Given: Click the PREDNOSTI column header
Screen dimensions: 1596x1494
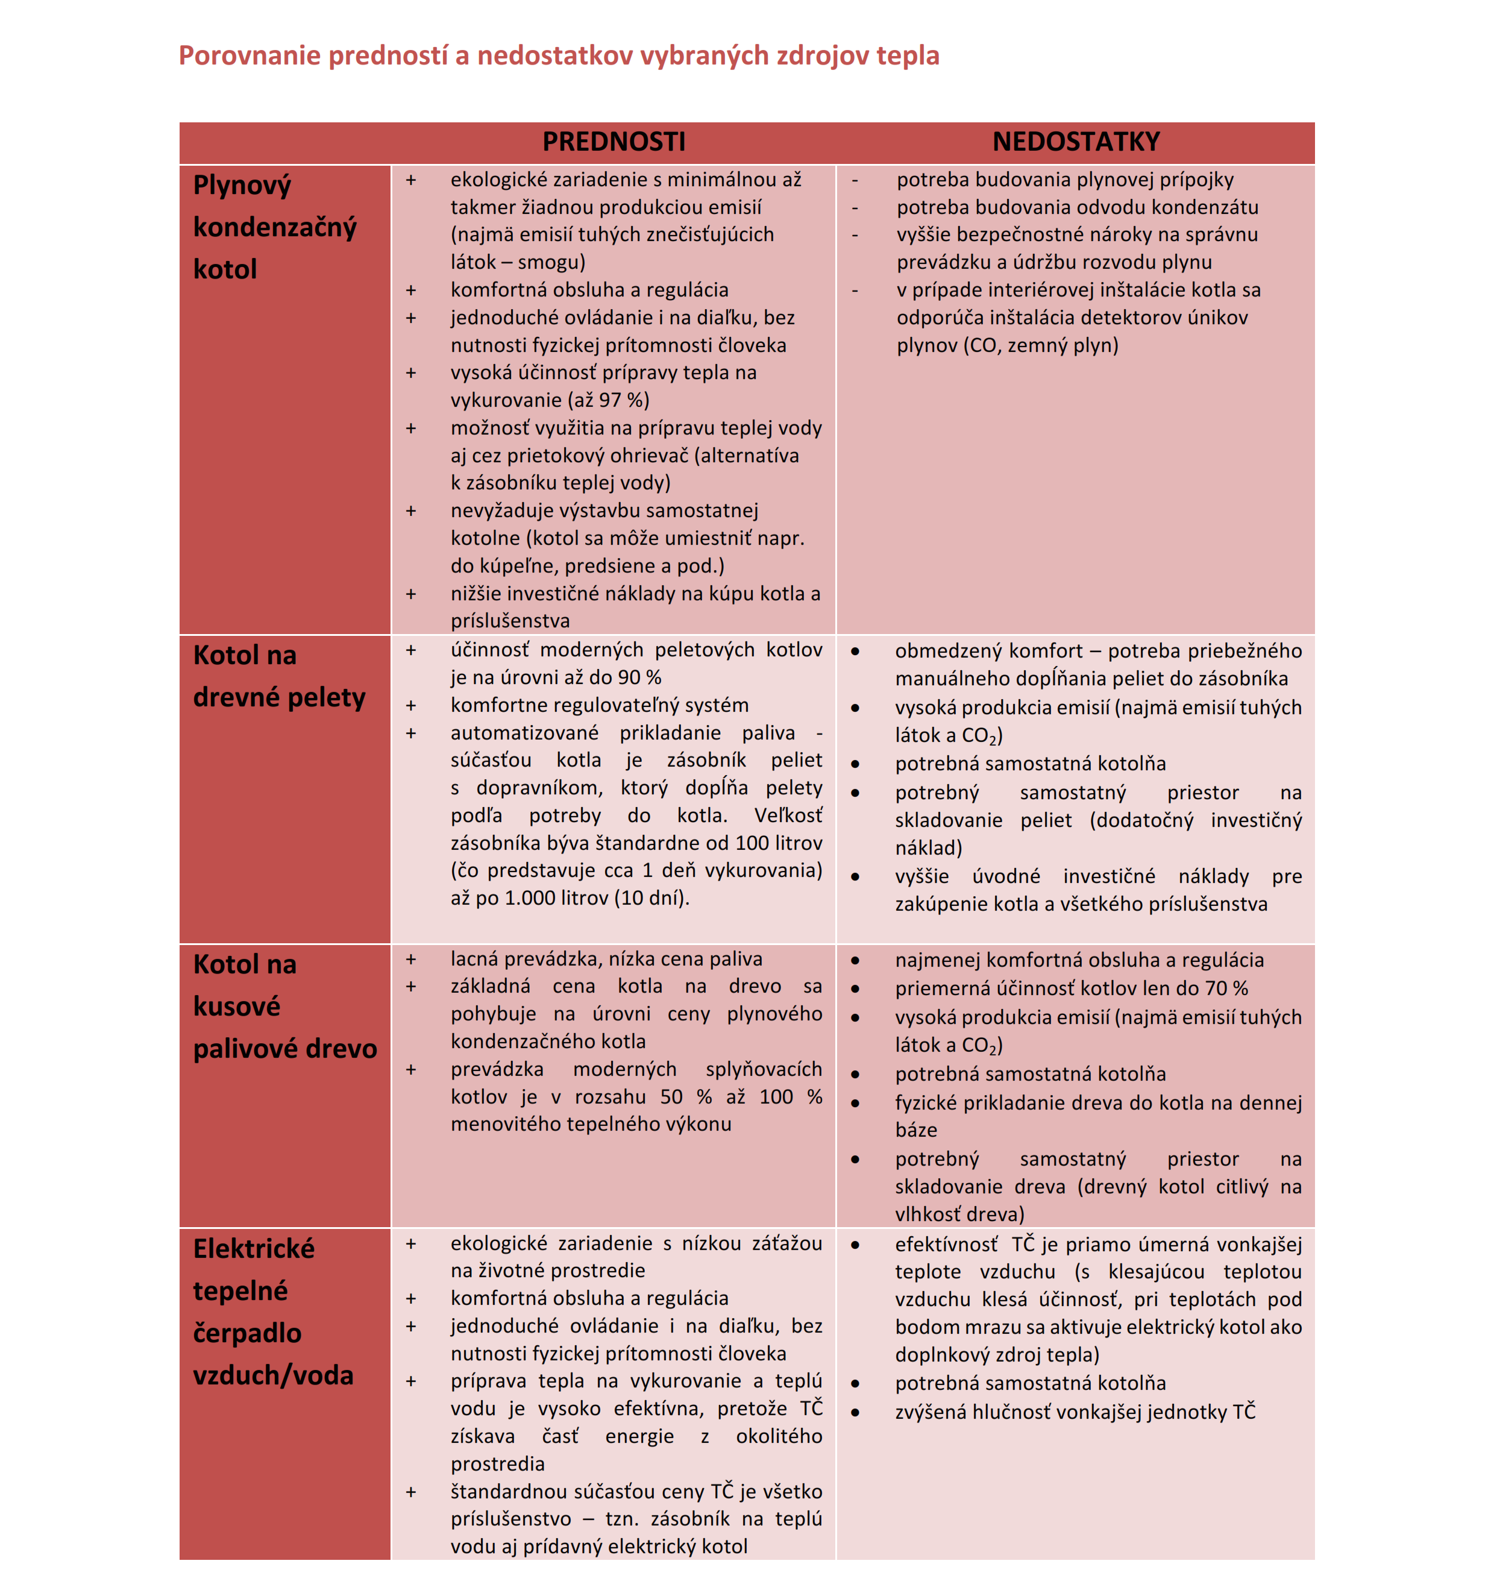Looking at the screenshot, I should (x=614, y=142).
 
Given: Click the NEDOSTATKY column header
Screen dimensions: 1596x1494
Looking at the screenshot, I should (x=1076, y=142).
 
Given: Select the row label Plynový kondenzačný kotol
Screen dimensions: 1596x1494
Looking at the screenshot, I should (x=275, y=227).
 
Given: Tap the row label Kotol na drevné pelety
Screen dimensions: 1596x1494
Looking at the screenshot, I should (x=278, y=676).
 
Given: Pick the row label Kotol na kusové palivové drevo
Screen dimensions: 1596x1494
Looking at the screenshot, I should (x=284, y=1006).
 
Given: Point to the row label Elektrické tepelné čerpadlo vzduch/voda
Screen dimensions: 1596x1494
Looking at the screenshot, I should (x=273, y=1312).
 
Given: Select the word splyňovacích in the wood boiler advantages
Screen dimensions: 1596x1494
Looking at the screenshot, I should (x=764, y=1069).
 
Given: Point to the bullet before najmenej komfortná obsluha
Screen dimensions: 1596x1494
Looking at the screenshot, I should (x=855, y=960).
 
